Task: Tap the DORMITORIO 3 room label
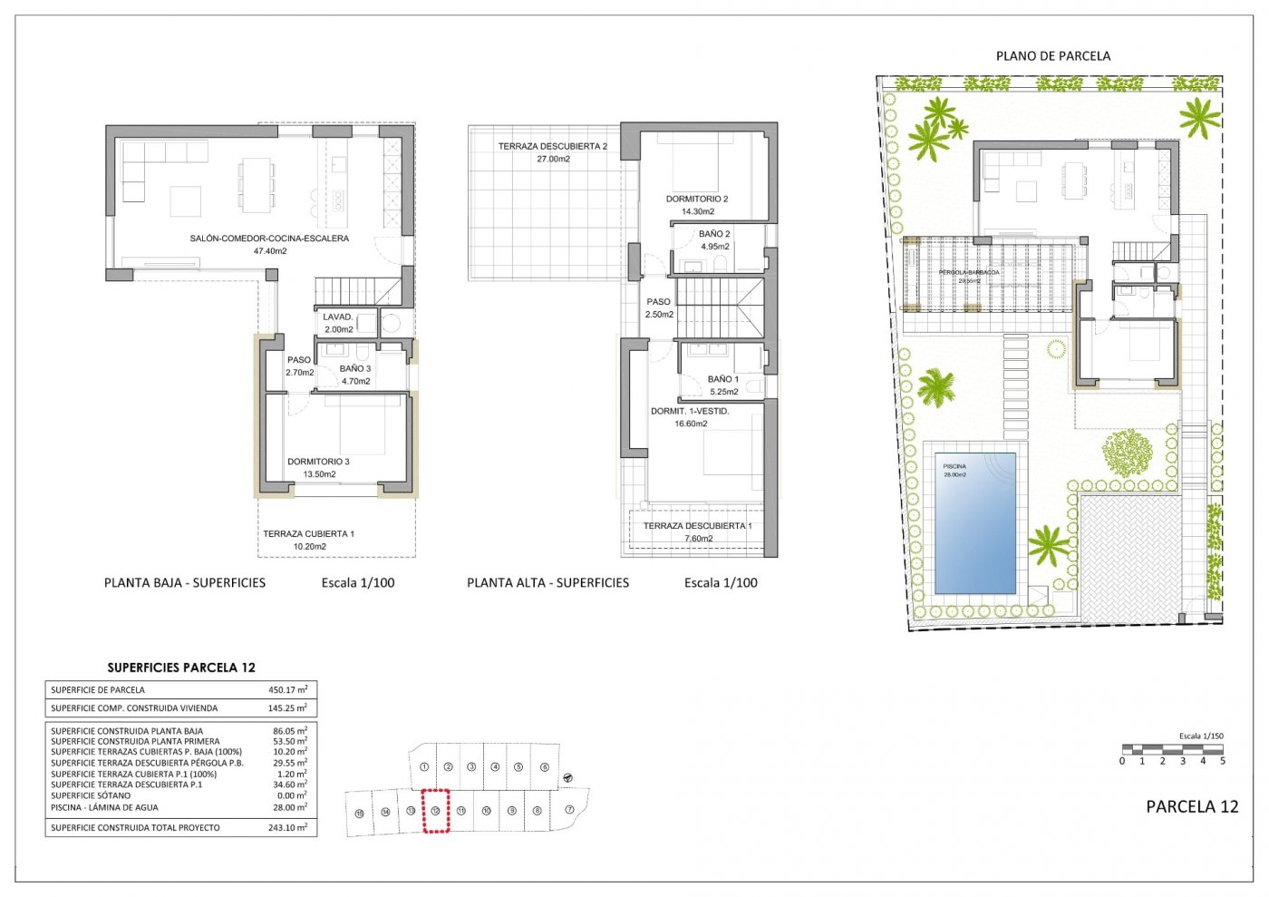click(318, 463)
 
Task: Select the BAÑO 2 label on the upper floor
click(714, 234)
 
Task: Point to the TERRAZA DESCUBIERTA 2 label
click(552, 147)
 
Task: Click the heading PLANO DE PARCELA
click(1052, 56)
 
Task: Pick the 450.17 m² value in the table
click(289, 690)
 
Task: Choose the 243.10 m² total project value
click(289, 828)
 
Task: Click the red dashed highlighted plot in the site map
click(436, 811)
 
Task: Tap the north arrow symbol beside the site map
click(567, 777)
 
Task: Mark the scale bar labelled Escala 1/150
click(1173, 750)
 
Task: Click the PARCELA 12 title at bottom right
click(1191, 807)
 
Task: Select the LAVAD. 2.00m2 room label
click(338, 323)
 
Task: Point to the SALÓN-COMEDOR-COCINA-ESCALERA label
click(269, 239)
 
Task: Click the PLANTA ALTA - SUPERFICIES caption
click(547, 583)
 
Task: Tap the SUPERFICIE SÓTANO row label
click(91, 796)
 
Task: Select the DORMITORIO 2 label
click(696, 200)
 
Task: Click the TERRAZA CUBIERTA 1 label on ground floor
click(308, 534)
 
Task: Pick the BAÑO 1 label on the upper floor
click(722, 380)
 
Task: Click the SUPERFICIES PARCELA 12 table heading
click(181, 668)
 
